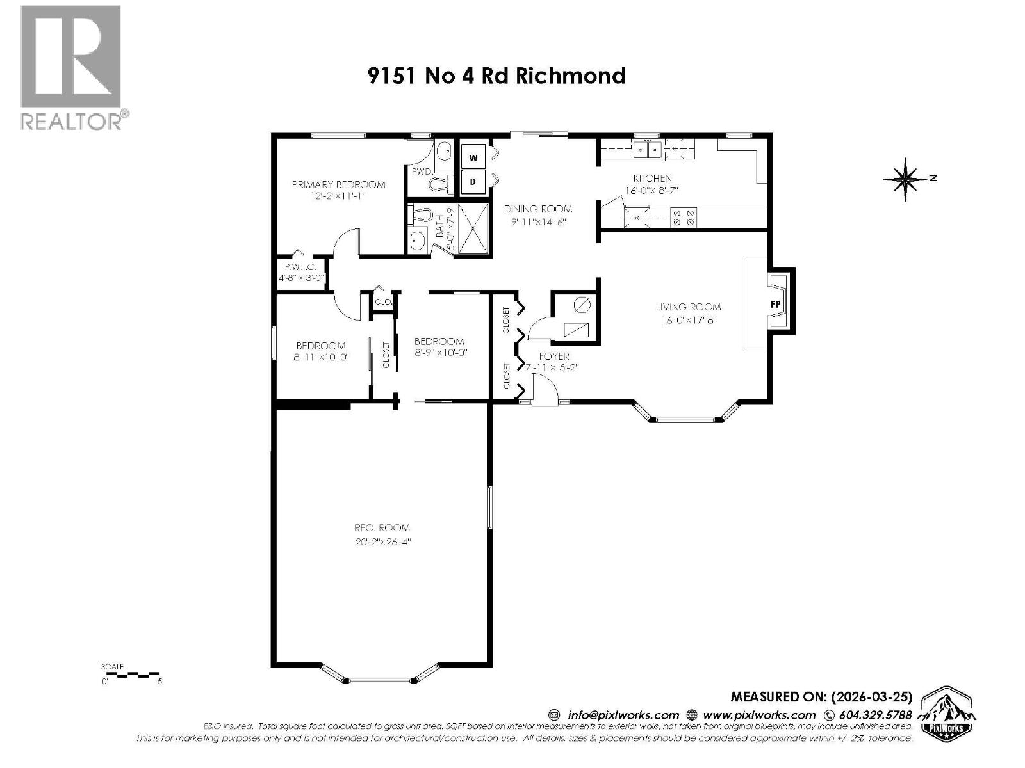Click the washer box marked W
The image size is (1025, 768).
click(473, 157)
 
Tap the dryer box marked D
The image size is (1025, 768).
click(473, 182)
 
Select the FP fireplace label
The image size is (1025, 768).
click(775, 304)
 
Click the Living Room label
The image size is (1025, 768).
click(687, 307)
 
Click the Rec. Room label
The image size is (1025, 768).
click(382, 528)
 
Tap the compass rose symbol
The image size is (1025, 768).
click(906, 179)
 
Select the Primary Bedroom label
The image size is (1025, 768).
click(338, 184)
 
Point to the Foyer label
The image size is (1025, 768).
click(553, 356)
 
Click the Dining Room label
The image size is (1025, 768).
click(537, 209)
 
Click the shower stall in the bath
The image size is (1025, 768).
click(471, 227)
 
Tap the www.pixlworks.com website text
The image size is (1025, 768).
click(759, 715)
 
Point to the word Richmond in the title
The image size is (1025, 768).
click(570, 76)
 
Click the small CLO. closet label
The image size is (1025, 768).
click(383, 301)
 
